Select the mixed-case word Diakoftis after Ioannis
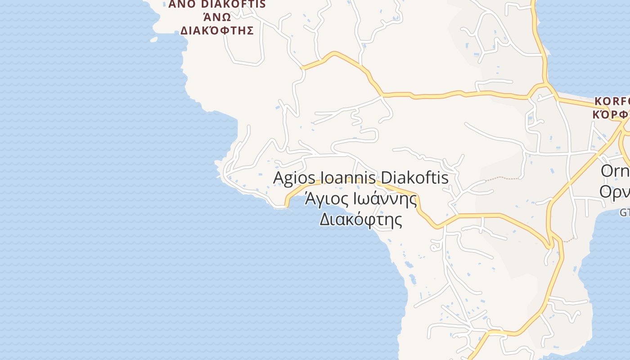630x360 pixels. coord(413,178)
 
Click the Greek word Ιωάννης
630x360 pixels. coord(384,198)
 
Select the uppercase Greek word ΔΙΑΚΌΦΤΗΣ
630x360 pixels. coord(217,31)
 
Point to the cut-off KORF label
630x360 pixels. coord(612,100)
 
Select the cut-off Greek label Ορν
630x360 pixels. coord(615,191)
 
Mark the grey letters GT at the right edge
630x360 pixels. coord(625,212)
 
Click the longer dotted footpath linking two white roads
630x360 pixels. coord(502,178)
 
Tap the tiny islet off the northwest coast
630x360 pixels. coord(154,40)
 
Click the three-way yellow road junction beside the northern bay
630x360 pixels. coord(546,84)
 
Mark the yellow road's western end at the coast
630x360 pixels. coord(286,206)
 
